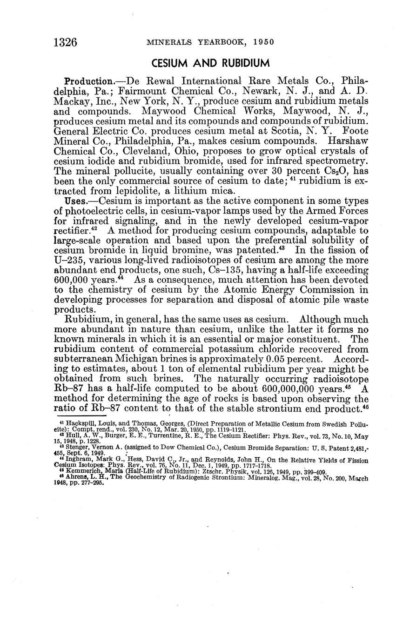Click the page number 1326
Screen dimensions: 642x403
(65, 43)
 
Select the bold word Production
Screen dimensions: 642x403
(88, 80)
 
